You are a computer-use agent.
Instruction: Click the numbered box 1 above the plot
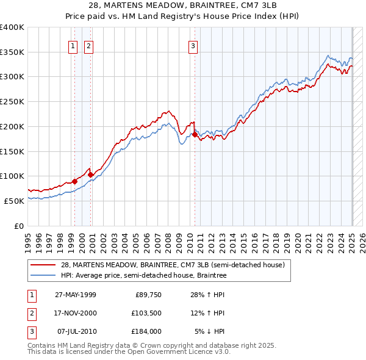[73, 45]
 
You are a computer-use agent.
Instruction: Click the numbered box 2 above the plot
[88, 45]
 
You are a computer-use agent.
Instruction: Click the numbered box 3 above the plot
[193, 45]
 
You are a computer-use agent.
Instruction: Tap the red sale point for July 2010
[195, 134]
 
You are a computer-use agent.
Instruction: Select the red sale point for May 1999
[74, 181]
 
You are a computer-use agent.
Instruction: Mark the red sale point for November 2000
[90, 174]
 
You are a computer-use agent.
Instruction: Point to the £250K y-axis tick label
[12, 101]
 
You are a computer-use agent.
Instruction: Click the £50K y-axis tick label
[15, 200]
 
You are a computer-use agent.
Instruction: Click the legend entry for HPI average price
[143, 276]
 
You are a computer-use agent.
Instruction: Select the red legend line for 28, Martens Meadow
[43, 265]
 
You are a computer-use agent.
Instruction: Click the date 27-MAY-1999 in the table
[76, 295]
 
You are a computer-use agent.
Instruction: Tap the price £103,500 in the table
[145, 314]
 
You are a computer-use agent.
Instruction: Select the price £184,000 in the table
[145, 332]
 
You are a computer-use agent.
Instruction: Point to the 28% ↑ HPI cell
[208, 295]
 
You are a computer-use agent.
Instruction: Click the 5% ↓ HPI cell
[210, 332]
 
